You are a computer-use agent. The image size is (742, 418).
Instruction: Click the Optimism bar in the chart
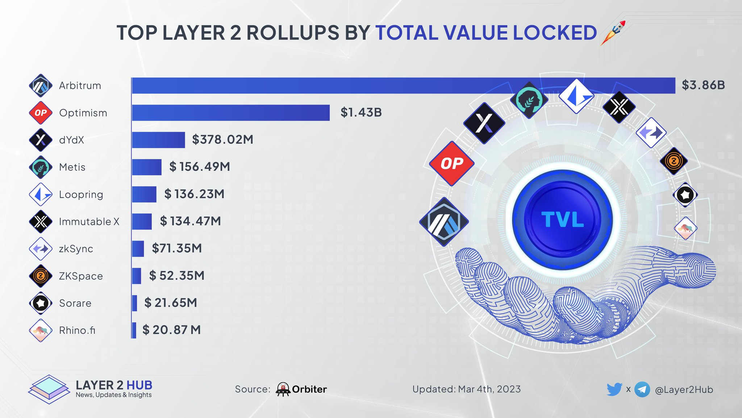[231, 113]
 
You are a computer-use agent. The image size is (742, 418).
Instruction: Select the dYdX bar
[158, 140]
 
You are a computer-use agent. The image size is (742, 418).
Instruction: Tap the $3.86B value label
[703, 85]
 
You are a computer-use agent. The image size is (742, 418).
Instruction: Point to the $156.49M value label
[200, 167]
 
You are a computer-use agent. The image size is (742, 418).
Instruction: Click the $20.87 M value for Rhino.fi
[171, 330]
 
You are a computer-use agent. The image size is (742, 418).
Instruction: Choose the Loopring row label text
[81, 195]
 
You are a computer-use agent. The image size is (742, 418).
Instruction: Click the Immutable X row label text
[89, 222]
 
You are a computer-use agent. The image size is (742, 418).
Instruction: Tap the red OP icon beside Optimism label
[41, 113]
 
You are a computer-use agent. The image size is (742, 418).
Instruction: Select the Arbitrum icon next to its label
[41, 85]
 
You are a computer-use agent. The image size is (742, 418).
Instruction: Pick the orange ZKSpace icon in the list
[41, 276]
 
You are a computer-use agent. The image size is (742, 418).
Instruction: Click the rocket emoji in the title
[613, 33]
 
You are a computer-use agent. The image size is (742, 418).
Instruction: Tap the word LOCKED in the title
[555, 33]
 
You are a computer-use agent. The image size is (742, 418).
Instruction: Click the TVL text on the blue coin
[562, 220]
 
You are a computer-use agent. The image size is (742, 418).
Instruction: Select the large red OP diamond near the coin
[451, 164]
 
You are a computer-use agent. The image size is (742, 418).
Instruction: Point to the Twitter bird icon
[614, 389]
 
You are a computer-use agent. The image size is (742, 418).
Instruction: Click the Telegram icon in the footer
[642, 389]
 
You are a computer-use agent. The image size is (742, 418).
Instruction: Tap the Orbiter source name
[309, 389]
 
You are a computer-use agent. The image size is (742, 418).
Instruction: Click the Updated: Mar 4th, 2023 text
[466, 389]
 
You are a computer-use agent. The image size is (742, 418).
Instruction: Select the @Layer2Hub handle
[684, 390]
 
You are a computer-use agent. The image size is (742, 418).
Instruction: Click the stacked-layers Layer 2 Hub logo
[49, 389]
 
